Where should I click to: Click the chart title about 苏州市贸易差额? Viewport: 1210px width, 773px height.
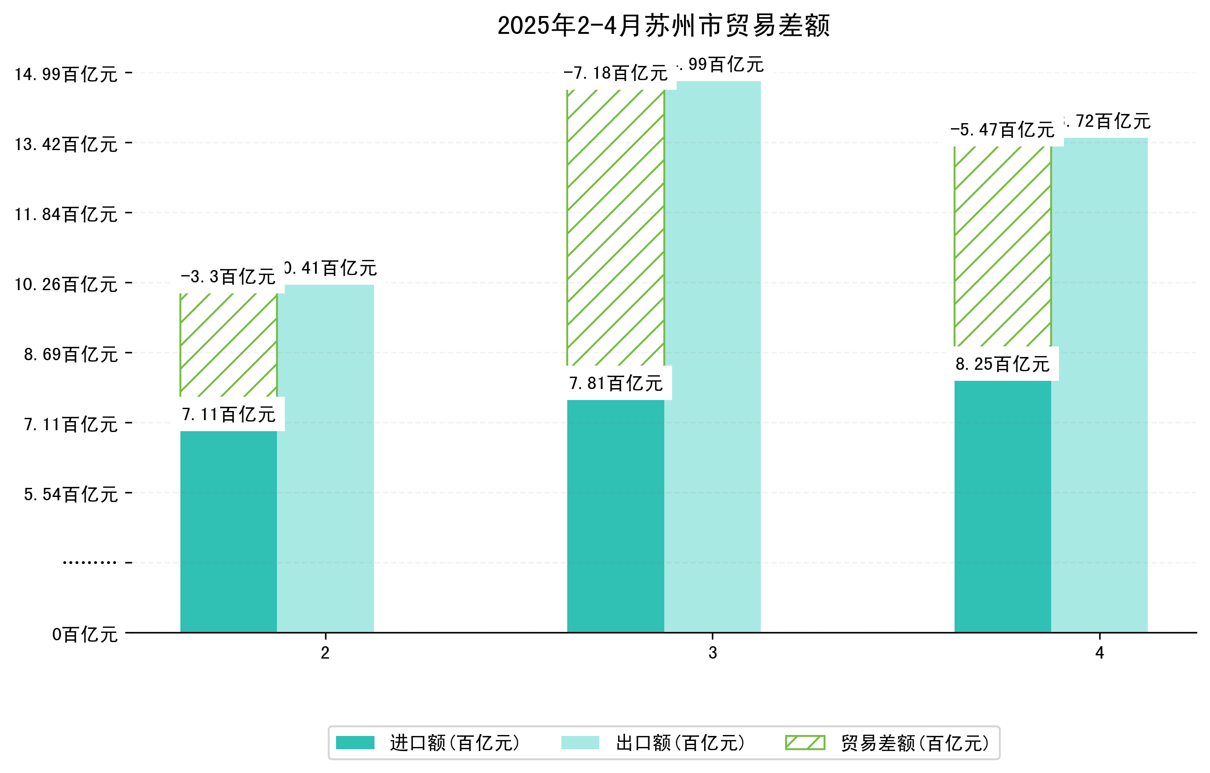663,26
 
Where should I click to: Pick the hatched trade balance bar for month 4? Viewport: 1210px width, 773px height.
1003,246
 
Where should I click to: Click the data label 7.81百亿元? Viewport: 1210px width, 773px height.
616,384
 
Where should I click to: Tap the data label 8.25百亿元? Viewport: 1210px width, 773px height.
1003,364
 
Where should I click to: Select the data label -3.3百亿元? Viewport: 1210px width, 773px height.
228,277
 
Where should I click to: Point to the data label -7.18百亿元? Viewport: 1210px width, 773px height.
616,73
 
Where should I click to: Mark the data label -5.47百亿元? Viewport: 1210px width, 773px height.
1003,130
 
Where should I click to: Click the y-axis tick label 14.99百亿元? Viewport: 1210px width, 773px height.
66,74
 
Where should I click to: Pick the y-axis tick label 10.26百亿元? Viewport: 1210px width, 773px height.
66,285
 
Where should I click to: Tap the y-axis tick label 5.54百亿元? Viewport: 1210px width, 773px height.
71,495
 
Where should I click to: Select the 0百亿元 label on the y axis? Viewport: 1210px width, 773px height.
85,635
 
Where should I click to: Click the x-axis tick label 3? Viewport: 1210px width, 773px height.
712,653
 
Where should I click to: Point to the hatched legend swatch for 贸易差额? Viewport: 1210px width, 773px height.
805,742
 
